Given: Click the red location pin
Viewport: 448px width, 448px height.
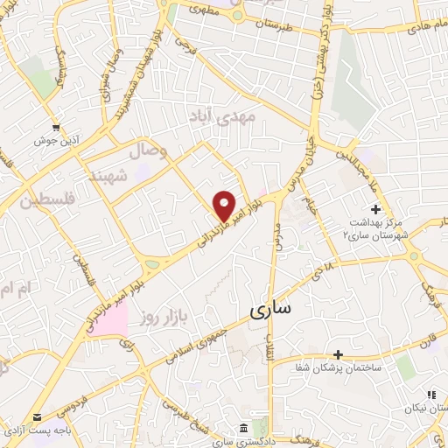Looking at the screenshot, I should pyautogui.click(x=225, y=206).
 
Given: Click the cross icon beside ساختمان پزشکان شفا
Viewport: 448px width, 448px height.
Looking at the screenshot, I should pyautogui.click(x=338, y=355).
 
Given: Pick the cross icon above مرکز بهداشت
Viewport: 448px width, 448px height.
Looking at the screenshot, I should pyautogui.click(x=375, y=210).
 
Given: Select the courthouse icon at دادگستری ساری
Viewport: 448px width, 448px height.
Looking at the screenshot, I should pyautogui.click(x=243, y=427).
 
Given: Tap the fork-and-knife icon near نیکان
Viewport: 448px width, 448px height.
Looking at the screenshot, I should pyautogui.click(x=430, y=395).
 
